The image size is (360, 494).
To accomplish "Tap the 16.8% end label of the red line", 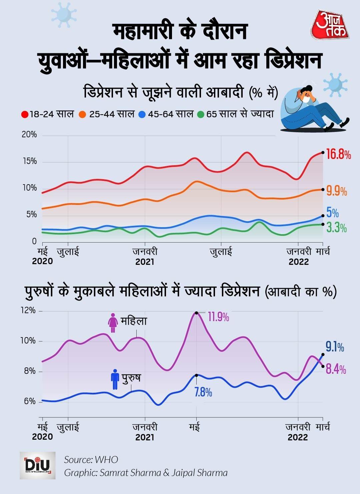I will [x=338, y=154].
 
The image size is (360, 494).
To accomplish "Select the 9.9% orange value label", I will [x=336, y=191].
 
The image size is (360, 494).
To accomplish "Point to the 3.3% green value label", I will [x=336, y=228].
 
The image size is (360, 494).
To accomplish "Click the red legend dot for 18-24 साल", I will [x=25, y=114].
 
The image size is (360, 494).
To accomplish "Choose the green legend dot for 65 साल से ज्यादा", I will [x=200, y=114].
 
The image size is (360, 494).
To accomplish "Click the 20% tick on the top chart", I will [x=29, y=135].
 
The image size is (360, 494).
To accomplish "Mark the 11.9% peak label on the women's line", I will [x=218, y=317].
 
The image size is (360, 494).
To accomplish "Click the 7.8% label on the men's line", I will [x=203, y=392].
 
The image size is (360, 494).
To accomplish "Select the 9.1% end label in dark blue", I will [x=335, y=347].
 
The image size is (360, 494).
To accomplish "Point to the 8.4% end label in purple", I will [x=336, y=369].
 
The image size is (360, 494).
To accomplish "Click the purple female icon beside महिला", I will [x=113, y=322].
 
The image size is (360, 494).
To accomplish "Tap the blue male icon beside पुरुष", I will [x=115, y=379].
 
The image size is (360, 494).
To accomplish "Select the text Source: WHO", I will [x=91, y=460].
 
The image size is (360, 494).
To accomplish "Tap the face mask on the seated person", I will [x=306, y=99].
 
